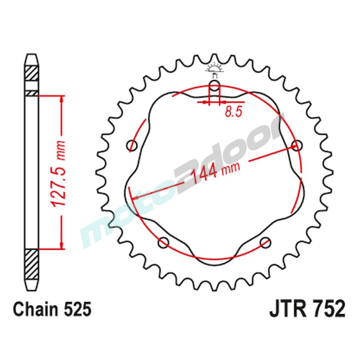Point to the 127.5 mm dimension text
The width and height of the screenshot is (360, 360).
click(59, 173)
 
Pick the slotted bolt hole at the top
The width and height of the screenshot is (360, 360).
click(214, 86)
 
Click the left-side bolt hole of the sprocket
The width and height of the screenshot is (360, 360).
click(133, 146)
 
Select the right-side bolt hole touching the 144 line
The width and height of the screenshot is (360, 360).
click(296, 146)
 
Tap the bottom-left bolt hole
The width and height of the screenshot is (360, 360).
click(164, 242)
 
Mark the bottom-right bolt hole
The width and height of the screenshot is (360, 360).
click(265, 242)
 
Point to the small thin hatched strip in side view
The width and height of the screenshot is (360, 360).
click(31, 93)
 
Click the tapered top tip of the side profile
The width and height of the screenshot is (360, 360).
click(31, 58)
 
